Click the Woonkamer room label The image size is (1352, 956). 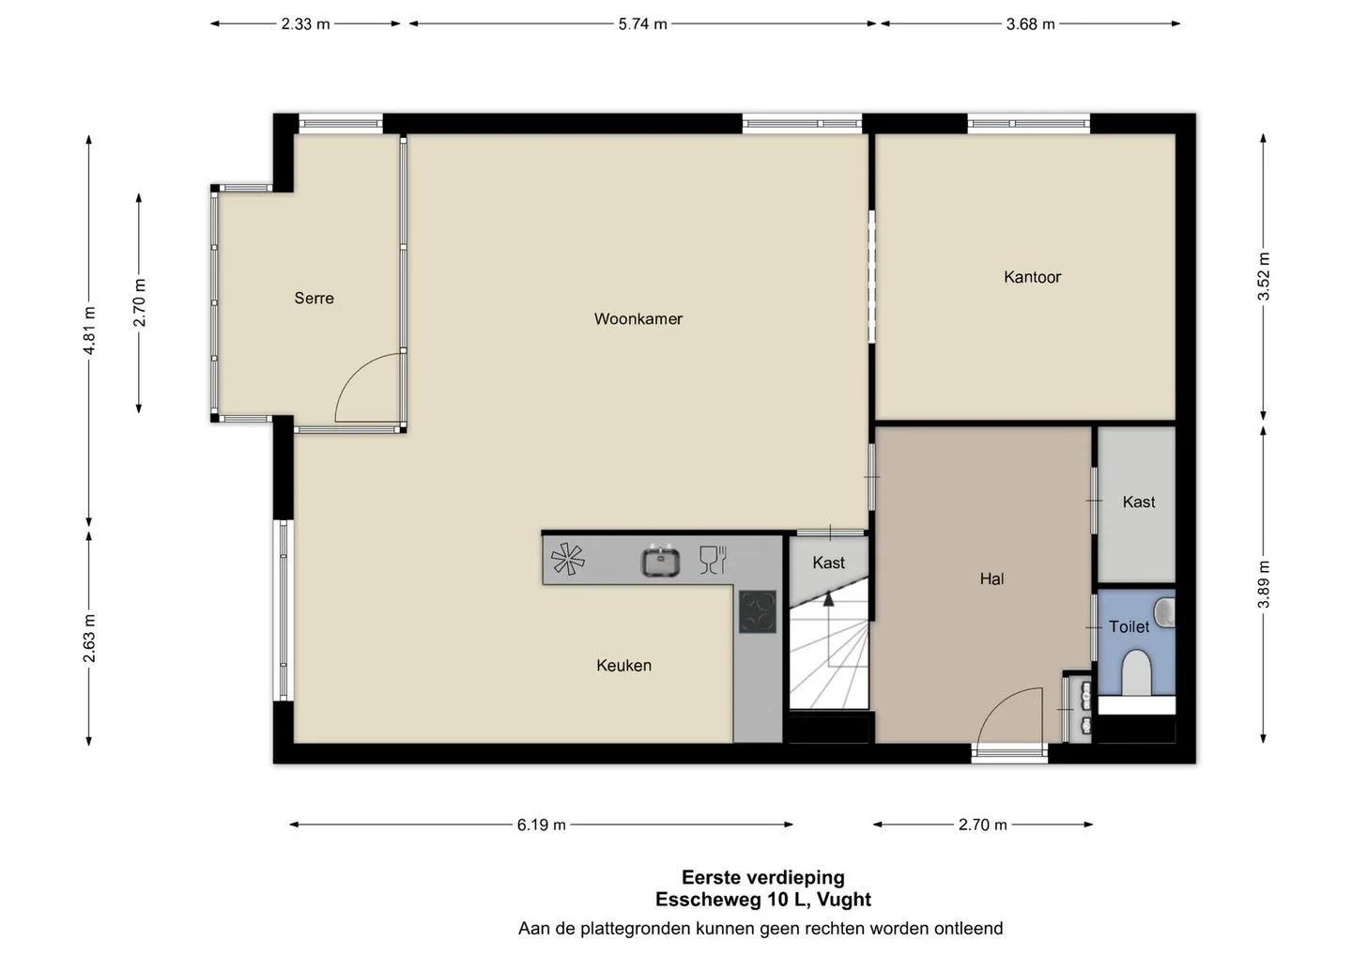click(x=638, y=318)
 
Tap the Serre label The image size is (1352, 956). click(x=314, y=298)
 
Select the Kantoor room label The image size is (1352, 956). click(x=1032, y=277)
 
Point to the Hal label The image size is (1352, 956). click(x=991, y=578)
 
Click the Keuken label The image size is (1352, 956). click(x=623, y=665)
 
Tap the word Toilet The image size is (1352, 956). click(x=1129, y=626)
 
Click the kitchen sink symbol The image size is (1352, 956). click(x=660, y=560)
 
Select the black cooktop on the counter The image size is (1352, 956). click(x=758, y=611)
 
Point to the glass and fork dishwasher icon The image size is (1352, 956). click(x=713, y=560)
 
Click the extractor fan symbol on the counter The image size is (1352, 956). click(x=567, y=559)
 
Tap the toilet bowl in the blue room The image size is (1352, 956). click(x=1136, y=672)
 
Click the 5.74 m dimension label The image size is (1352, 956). click(x=642, y=24)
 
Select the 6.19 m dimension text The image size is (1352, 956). click(x=542, y=825)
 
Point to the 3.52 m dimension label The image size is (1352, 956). click(x=1264, y=276)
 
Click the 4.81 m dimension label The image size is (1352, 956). click(x=89, y=331)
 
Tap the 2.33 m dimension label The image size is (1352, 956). click(x=305, y=24)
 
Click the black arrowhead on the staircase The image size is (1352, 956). click(x=829, y=599)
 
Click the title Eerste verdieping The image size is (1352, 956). click(x=763, y=877)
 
